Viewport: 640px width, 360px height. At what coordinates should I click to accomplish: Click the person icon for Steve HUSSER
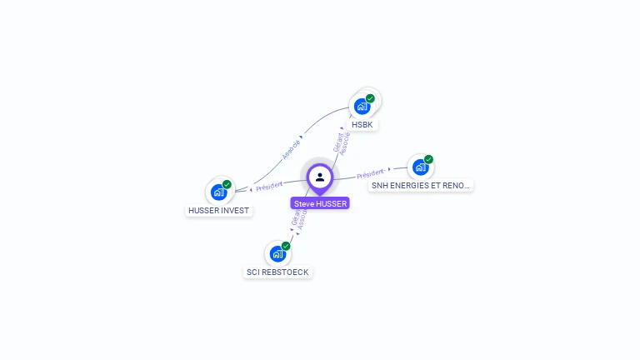[x=320, y=177]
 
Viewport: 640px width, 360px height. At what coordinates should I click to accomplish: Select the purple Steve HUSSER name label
[x=320, y=203]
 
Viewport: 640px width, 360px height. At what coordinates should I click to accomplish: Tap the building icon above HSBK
[x=362, y=107]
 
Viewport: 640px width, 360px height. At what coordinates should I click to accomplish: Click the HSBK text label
[x=362, y=125]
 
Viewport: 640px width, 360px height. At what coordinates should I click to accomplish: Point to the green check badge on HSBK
[x=370, y=98]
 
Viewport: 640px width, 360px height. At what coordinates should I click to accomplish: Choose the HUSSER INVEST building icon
[x=218, y=192]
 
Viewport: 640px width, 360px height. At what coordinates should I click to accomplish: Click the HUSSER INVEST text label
[x=219, y=211]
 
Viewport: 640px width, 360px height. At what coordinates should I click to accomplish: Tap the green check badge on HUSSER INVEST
[x=227, y=184]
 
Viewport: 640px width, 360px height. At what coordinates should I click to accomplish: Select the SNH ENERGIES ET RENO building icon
[x=420, y=167]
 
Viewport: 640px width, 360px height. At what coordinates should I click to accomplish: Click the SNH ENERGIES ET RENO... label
[x=421, y=186]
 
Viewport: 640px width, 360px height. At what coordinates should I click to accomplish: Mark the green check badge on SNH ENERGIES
[x=428, y=159]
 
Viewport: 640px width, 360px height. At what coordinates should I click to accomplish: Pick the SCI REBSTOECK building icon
[x=277, y=254]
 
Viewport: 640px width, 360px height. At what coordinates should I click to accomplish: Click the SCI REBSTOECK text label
[x=278, y=272]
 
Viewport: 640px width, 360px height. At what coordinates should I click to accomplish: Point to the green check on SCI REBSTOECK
[x=286, y=246]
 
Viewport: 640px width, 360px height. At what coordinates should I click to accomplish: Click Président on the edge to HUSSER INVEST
[x=269, y=186]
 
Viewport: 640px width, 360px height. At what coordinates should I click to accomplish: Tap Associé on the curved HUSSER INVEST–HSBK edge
[x=291, y=148]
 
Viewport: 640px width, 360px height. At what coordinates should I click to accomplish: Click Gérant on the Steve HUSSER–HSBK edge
[x=337, y=142]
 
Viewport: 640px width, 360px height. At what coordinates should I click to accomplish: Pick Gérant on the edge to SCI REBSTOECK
[x=295, y=216]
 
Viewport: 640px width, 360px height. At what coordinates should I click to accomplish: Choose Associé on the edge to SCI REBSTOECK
[x=302, y=219]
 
